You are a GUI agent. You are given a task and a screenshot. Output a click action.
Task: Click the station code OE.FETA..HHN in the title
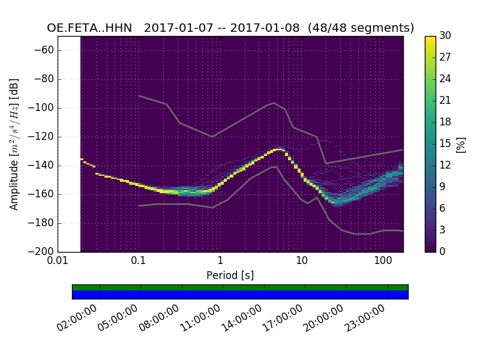89,28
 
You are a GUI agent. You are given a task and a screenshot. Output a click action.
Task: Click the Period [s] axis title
230,275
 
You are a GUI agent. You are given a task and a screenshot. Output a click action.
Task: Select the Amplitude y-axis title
14,144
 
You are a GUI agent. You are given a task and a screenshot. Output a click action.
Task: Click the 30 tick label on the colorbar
445,37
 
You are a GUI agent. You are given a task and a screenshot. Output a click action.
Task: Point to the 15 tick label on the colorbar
445,144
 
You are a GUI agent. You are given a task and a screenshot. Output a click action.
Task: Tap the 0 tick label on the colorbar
442,251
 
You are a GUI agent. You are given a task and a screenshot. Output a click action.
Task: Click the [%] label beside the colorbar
461,144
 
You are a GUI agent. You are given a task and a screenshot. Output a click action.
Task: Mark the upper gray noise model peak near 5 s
274,103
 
